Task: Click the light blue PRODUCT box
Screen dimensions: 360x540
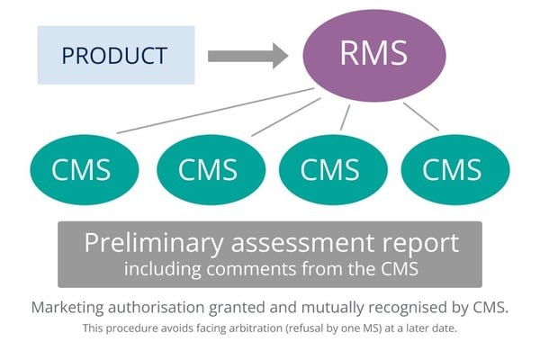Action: click(x=116, y=55)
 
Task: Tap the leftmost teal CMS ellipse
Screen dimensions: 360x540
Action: click(x=84, y=169)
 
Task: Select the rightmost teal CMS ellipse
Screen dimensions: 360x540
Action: click(x=454, y=169)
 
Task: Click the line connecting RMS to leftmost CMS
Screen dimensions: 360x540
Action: click(x=216, y=111)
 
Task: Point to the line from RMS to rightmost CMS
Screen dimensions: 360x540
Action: click(x=421, y=116)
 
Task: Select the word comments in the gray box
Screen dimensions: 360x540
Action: click(x=257, y=268)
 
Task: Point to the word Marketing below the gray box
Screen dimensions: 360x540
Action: click(x=73, y=307)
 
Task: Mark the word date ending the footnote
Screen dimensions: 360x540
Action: click(x=445, y=329)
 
